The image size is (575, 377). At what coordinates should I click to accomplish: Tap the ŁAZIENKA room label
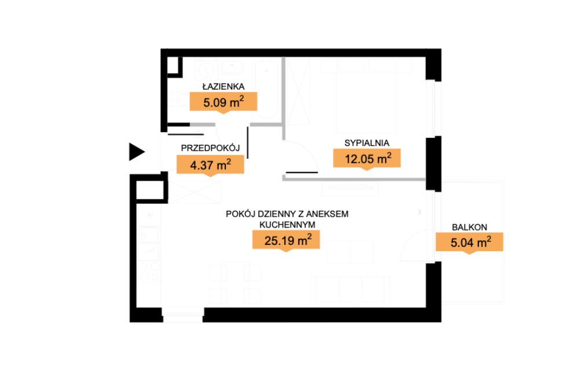click(x=224, y=86)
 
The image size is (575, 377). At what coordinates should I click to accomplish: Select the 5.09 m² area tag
click(x=224, y=103)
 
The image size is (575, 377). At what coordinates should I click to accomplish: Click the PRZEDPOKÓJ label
click(x=210, y=148)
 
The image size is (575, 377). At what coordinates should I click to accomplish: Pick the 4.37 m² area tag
click(x=210, y=165)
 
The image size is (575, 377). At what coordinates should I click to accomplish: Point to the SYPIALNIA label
click(x=367, y=143)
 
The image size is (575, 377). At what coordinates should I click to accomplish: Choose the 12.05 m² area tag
click(x=367, y=159)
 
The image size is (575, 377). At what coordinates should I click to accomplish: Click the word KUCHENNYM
click(x=287, y=225)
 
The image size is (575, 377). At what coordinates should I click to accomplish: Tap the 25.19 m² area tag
click(x=286, y=240)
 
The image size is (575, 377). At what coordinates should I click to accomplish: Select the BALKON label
click(x=470, y=228)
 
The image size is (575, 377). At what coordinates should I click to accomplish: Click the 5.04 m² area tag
click(x=470, y=243)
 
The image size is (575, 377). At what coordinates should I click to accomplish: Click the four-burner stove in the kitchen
click(x=149, y=272)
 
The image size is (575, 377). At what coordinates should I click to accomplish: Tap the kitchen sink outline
click(x=149, y=235)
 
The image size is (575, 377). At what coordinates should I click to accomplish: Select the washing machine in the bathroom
click(x=207, y=69)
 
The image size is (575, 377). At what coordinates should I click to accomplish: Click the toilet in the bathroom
click(x=180, y=99)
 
